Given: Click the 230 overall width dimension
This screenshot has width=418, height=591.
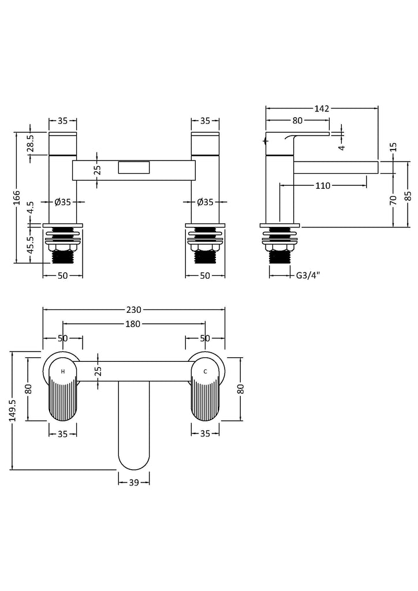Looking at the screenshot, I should [x=133, y=309].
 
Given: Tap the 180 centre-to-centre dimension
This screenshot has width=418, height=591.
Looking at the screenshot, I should [x=133, y=324].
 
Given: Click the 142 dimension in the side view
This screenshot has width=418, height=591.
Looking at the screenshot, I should [x=322, y=108].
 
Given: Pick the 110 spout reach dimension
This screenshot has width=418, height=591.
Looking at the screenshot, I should [x=323, y=186].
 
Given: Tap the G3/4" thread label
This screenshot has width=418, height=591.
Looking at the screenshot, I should [x=308, y=275].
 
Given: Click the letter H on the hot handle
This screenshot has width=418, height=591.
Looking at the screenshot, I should [x=63, y=371].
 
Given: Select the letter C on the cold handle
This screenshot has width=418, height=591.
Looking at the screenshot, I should [x=205, y=371].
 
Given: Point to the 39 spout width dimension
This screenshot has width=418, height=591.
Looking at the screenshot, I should [x=133, y=483].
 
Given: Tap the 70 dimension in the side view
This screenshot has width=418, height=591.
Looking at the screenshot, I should [x=393, y=200].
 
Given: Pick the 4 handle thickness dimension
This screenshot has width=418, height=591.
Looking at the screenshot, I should [x=342, y=147].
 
